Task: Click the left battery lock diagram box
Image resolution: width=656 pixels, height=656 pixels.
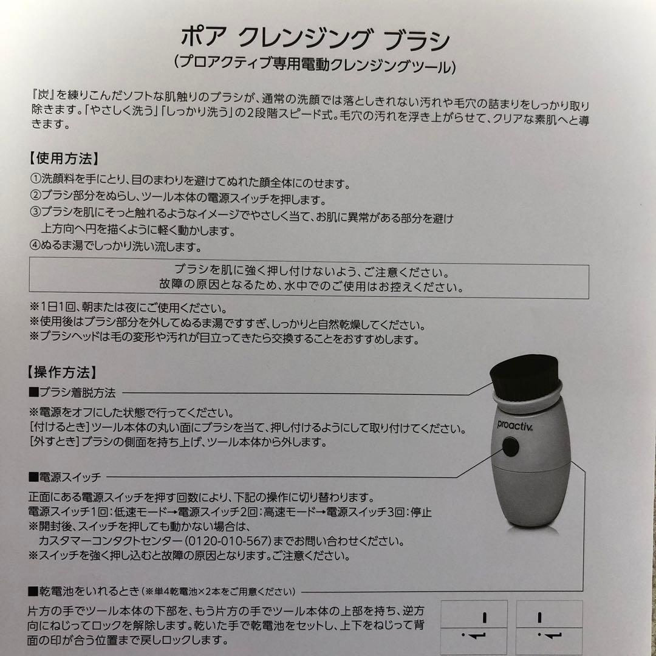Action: [473, 627]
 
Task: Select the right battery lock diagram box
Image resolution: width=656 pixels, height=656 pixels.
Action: [549, 627]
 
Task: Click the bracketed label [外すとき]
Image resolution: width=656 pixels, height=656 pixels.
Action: [53, 443]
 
